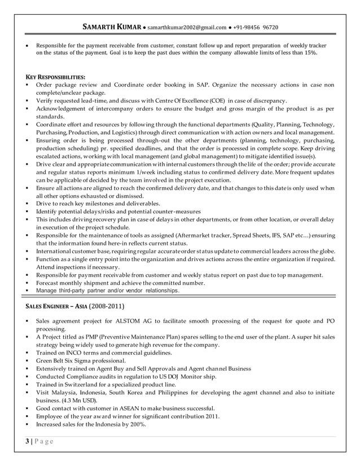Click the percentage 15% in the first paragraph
point(310,53)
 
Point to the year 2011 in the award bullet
point(212,416)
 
